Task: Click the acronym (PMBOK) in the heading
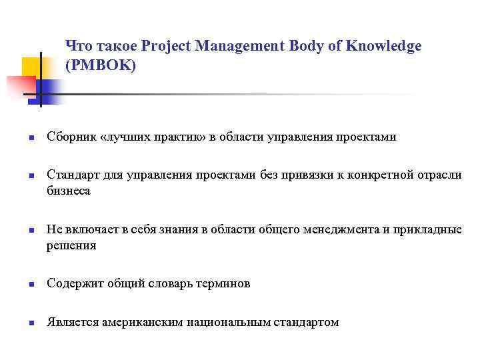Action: point(100,66)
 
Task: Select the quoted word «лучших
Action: point(122,137)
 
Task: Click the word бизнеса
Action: point(69,191)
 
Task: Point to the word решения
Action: point(71,245)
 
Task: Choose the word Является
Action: point(73,322)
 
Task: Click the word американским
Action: point(143,322)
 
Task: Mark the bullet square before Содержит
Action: point(31,285)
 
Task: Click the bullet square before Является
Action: point(31,323)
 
